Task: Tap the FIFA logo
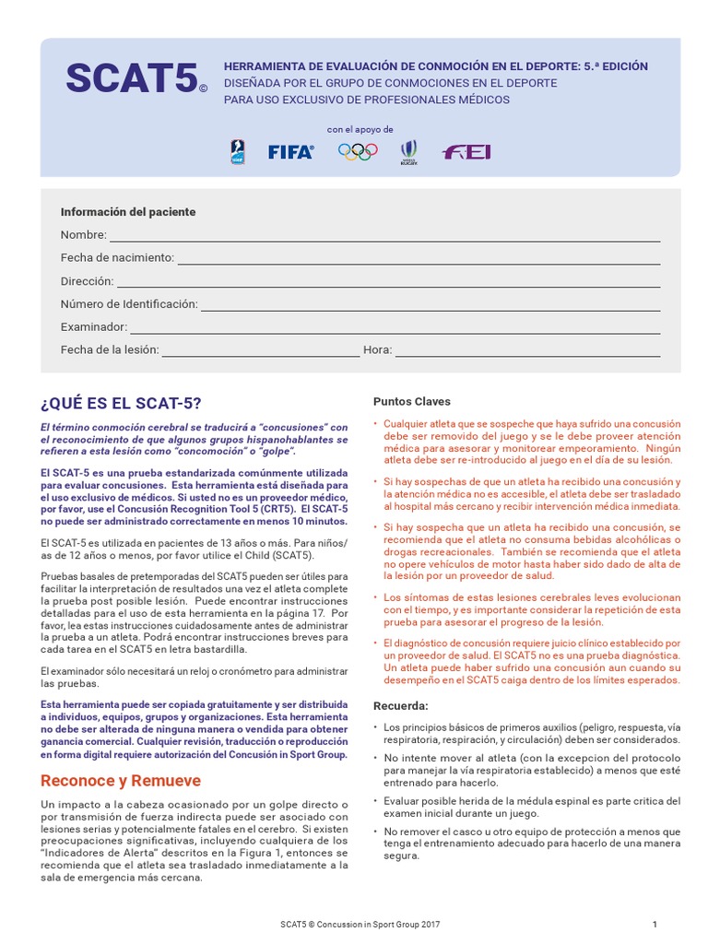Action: tap(290, 152)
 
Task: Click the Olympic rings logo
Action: tap(358, 152)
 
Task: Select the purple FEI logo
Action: tap(466, 152)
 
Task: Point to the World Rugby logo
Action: tap(409, 152)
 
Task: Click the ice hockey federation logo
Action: tap(237, 152)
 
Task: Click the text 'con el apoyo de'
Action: tap(360, 129)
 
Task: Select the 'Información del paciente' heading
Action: tap(128, 212)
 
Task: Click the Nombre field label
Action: tap(83, 235)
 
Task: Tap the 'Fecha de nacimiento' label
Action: tap(117, 258)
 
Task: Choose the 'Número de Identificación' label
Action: tap(129, 303)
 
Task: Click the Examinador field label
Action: tap(93, 326)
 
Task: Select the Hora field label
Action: tap(378, 349)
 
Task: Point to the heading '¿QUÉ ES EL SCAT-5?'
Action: tap(121, 403)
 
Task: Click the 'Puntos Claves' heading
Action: tap(411, 401)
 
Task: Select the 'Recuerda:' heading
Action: tap(400, 705)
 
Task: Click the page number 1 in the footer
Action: tap(654, 925)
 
